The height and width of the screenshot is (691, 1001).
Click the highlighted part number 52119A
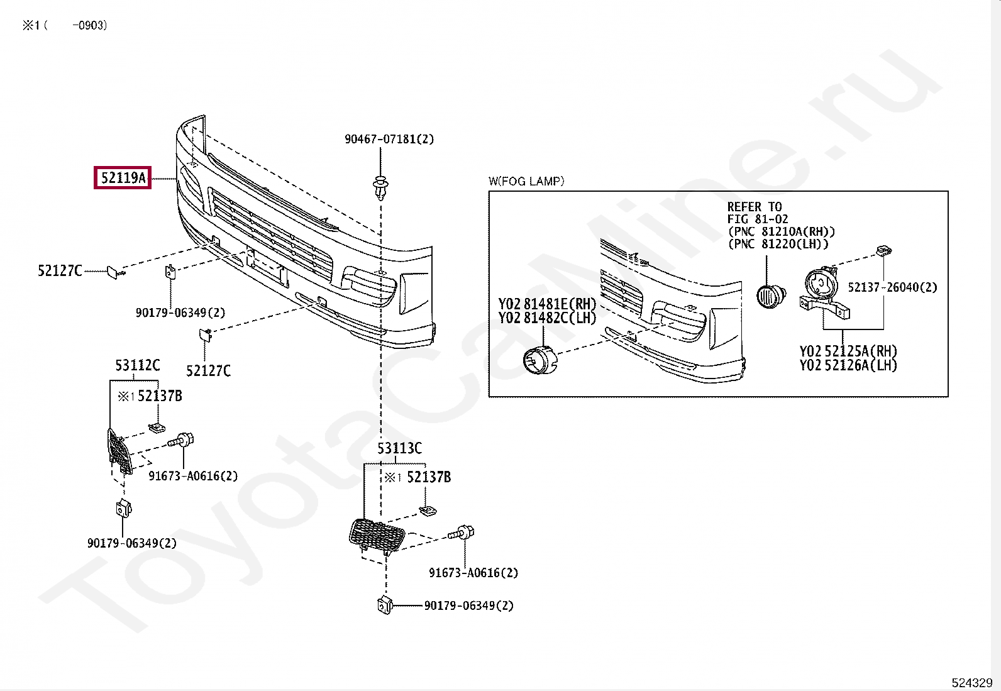pos(123,178)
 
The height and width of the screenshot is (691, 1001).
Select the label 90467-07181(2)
pos(389,139)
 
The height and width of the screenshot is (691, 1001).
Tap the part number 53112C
pos(138,365)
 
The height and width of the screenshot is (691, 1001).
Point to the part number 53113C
pos(399,448)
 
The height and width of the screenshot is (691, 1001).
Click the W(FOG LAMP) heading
pos(526,182)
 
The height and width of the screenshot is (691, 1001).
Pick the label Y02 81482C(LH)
pos(547,318)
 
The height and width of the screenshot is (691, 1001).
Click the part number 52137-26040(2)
pos(892,287)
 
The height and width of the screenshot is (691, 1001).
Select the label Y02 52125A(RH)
pos(848,351)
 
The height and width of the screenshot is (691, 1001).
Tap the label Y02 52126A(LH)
pos(848,365)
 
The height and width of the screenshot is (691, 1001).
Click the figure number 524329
pos(971,683)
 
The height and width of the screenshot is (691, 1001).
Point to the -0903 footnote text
pos(89,26)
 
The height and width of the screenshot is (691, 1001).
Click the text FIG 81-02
pos(757,219)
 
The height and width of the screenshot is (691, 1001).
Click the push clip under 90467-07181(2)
pos(380,187)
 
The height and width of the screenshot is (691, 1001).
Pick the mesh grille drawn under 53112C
pos(119,450)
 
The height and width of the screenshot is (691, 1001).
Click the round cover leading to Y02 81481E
pos(539,360)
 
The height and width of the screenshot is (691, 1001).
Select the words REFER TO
pos(754,207)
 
